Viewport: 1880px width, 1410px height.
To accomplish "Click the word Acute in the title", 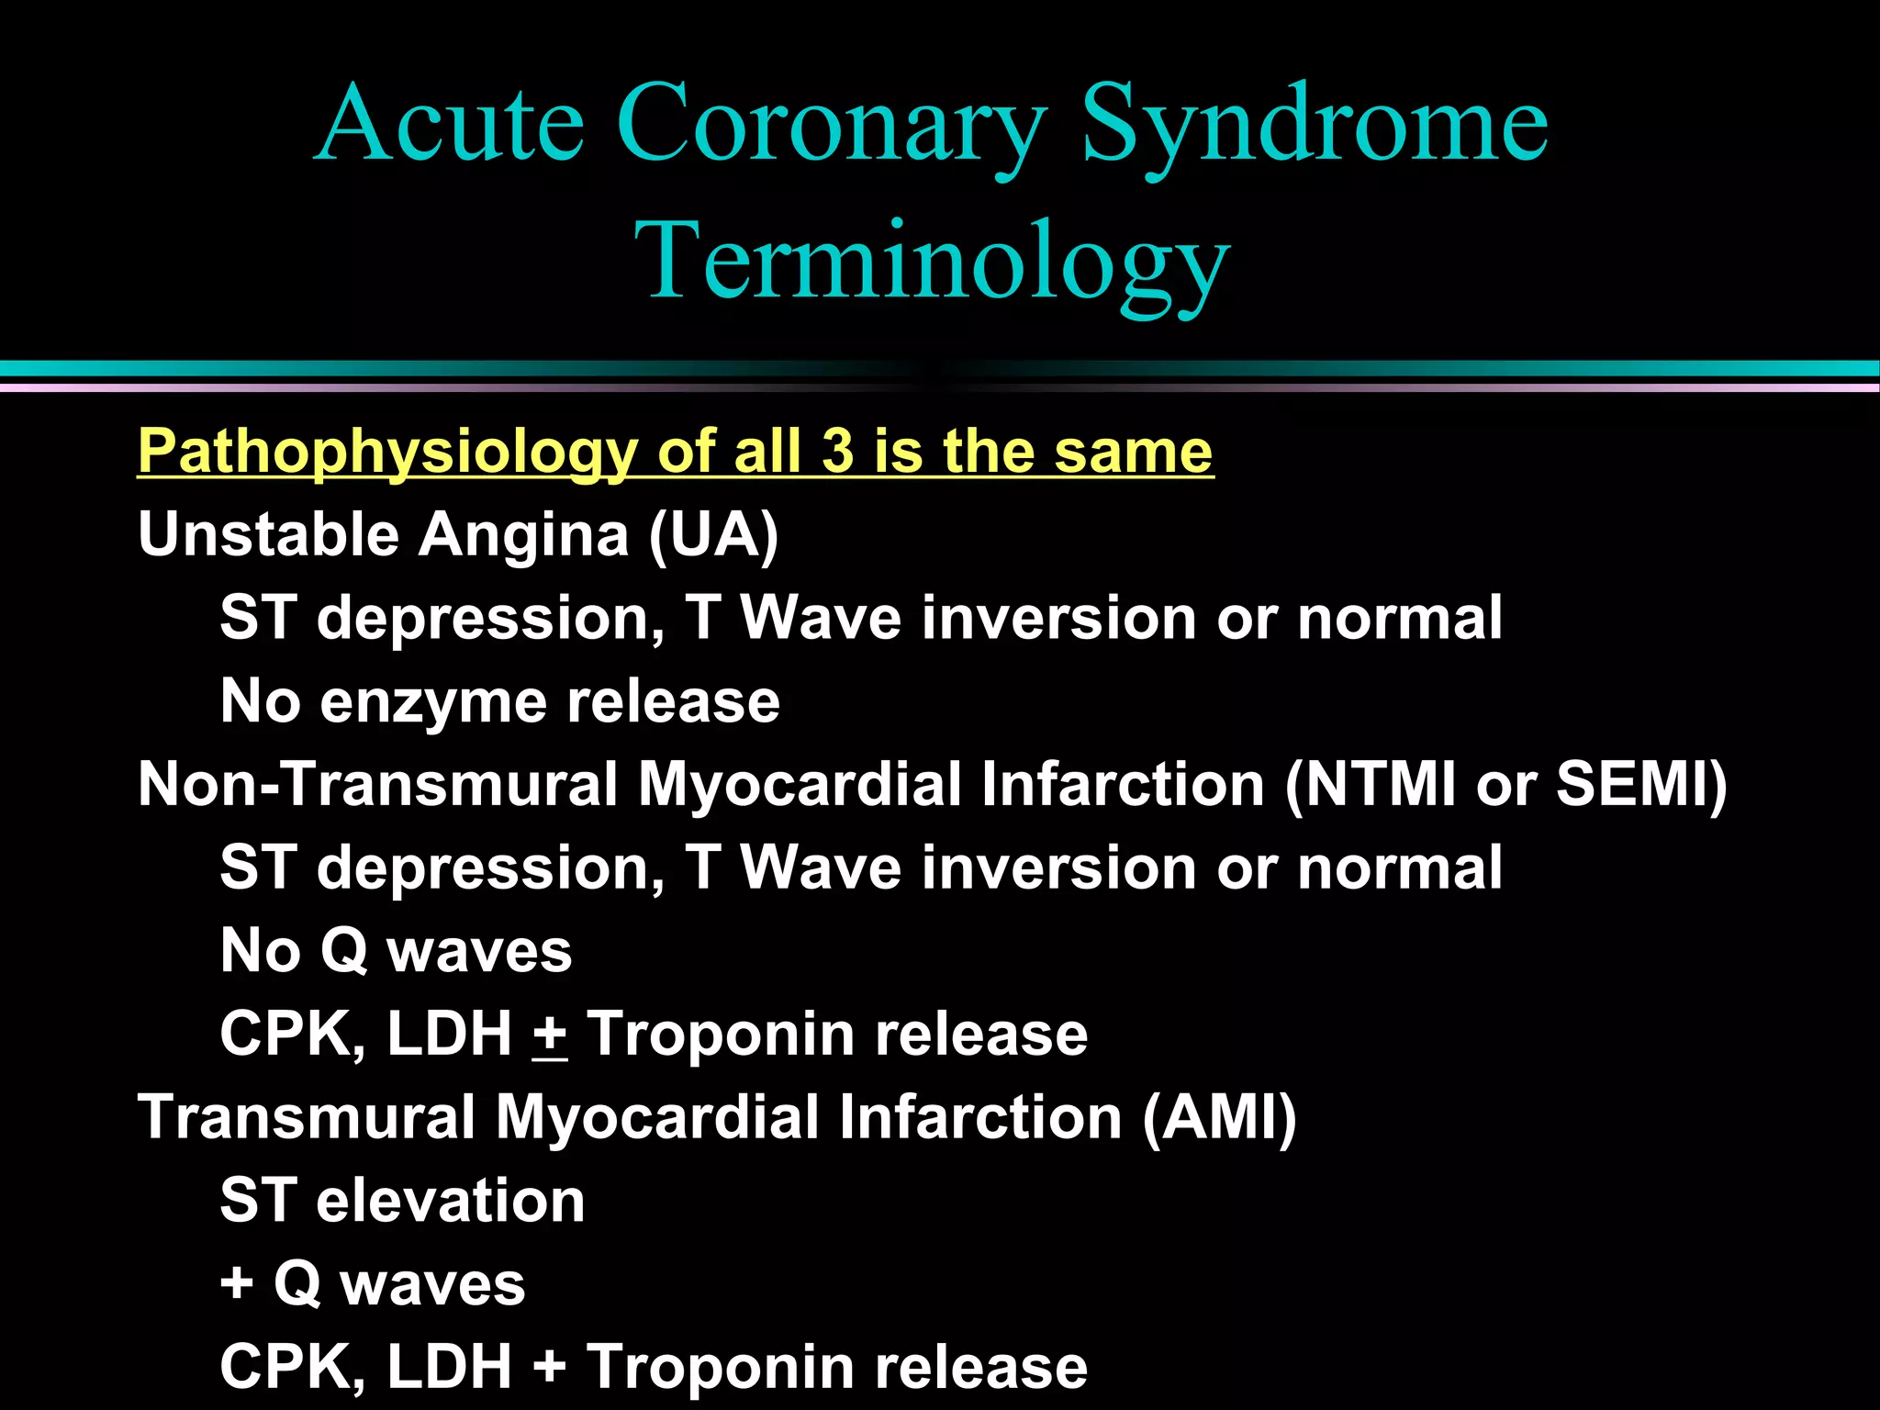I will pyautogui.click(x=450, y=124).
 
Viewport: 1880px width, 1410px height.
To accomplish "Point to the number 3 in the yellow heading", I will pyautogui.click(x=836, y=451).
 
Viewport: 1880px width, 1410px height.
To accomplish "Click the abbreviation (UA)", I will pyautogui.click(x=713, y=534).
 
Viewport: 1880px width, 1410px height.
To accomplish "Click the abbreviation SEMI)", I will pyautogui.click(x=1640, y=785).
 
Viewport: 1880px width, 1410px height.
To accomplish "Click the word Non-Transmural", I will pyautogui.click(x=377, y=785).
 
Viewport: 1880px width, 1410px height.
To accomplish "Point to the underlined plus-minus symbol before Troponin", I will pyautogui.click(x=550, y=1035).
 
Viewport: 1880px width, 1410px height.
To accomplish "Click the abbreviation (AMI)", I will pyautogui.click(x=1219, y=1118).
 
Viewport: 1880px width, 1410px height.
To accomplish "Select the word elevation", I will pyautogui.click(x=450, y=1201).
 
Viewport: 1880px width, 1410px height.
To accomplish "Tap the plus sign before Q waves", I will pyautogui.click(x=237, y=1283).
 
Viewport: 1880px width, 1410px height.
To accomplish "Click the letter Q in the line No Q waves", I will pyautogui.click(x=344, y=951).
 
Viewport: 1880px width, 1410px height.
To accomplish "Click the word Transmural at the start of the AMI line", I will pyautogui.click(x=306, y=1118).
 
